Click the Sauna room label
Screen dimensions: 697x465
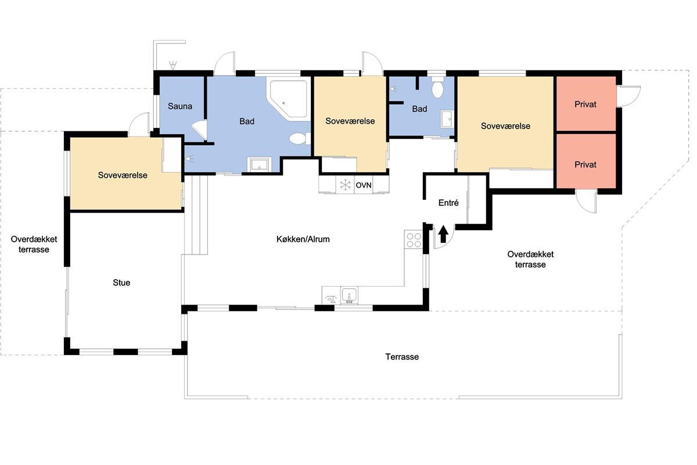[x=180, y=106]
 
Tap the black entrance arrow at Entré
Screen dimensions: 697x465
[x=443, y=234]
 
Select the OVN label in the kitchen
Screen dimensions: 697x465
[x=364, y=185]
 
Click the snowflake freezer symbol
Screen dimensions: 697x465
[x=345, y=185]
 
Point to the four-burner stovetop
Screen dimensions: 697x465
[x=414, y=239]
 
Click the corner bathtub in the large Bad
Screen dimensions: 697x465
[x=289, y=99]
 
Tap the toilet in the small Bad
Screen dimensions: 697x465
[x=437, y=88]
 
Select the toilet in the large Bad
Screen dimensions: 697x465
[x=300, y=138]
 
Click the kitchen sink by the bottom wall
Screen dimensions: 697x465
[x=349, y=295]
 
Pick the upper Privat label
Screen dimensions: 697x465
[x=585, y=105]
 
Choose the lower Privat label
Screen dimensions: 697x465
[x=585, y=164]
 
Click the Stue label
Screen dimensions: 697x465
[x=121, y=282]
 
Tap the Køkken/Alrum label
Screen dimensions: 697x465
[x=303, y=239]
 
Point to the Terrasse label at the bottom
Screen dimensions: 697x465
[x=402, y=357]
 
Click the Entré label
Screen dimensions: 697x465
[x=448, y=203]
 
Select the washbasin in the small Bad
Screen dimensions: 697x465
[x=447, y=119]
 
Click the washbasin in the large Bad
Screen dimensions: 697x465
[x=259, y=164]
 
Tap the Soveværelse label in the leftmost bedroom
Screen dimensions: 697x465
[x=123, y=175]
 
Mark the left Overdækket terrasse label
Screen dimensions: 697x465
[x=34, y=244]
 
